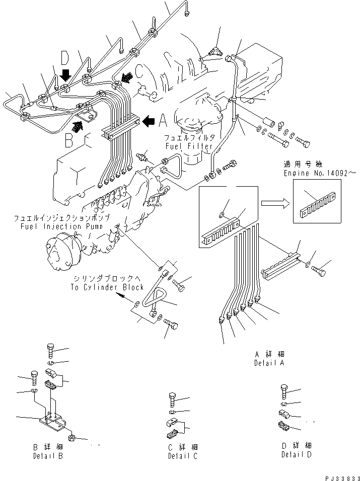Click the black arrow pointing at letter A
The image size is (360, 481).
coord(150,121)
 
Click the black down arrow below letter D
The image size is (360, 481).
coord(64,75)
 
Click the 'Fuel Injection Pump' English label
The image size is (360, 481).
coord(61,226)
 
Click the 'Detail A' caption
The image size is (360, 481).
coord(269,363)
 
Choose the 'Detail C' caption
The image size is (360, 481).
coord(183,456)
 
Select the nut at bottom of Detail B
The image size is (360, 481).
coord(73,439)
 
